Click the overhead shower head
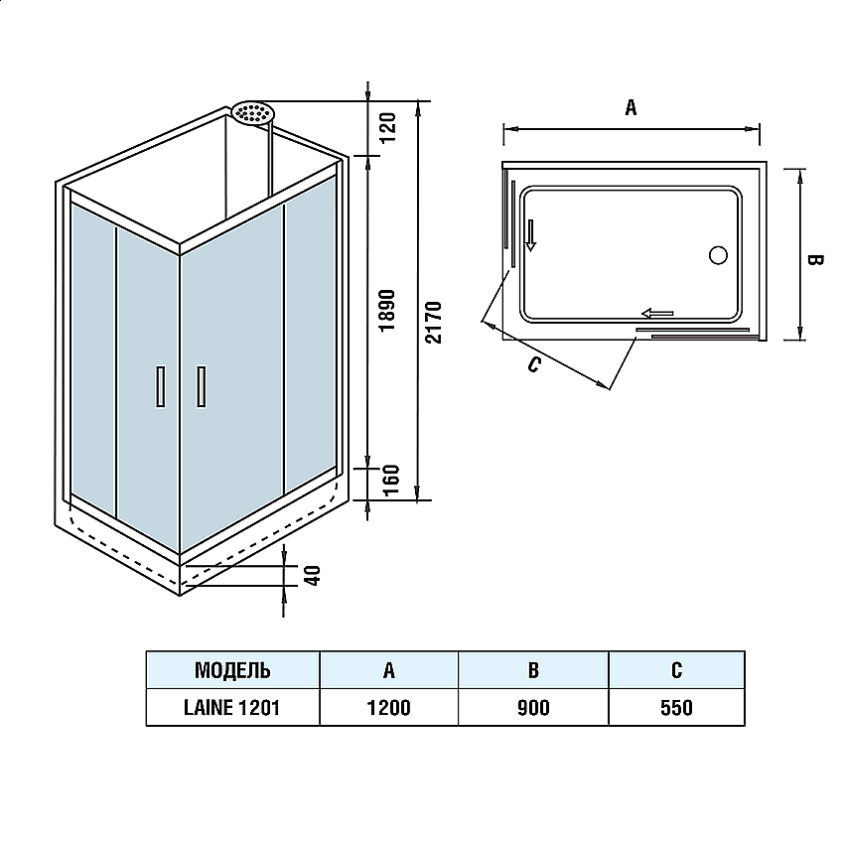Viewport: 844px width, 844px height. point(253,112)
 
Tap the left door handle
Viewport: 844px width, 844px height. point(160,385)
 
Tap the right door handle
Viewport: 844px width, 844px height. point(202,385)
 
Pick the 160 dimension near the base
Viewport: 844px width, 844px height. point(389,482)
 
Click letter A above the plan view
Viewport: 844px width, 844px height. point(631,108)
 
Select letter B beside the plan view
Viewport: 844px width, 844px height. point(813,260)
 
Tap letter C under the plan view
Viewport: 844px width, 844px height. point(533,364)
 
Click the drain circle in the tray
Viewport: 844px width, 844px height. point(718,254)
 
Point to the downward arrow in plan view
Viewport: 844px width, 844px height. point(532,233)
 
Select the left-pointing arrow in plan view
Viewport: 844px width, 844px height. point(656,314)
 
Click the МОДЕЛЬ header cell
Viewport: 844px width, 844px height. point(232,670)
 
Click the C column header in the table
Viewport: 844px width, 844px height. point(676,670)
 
